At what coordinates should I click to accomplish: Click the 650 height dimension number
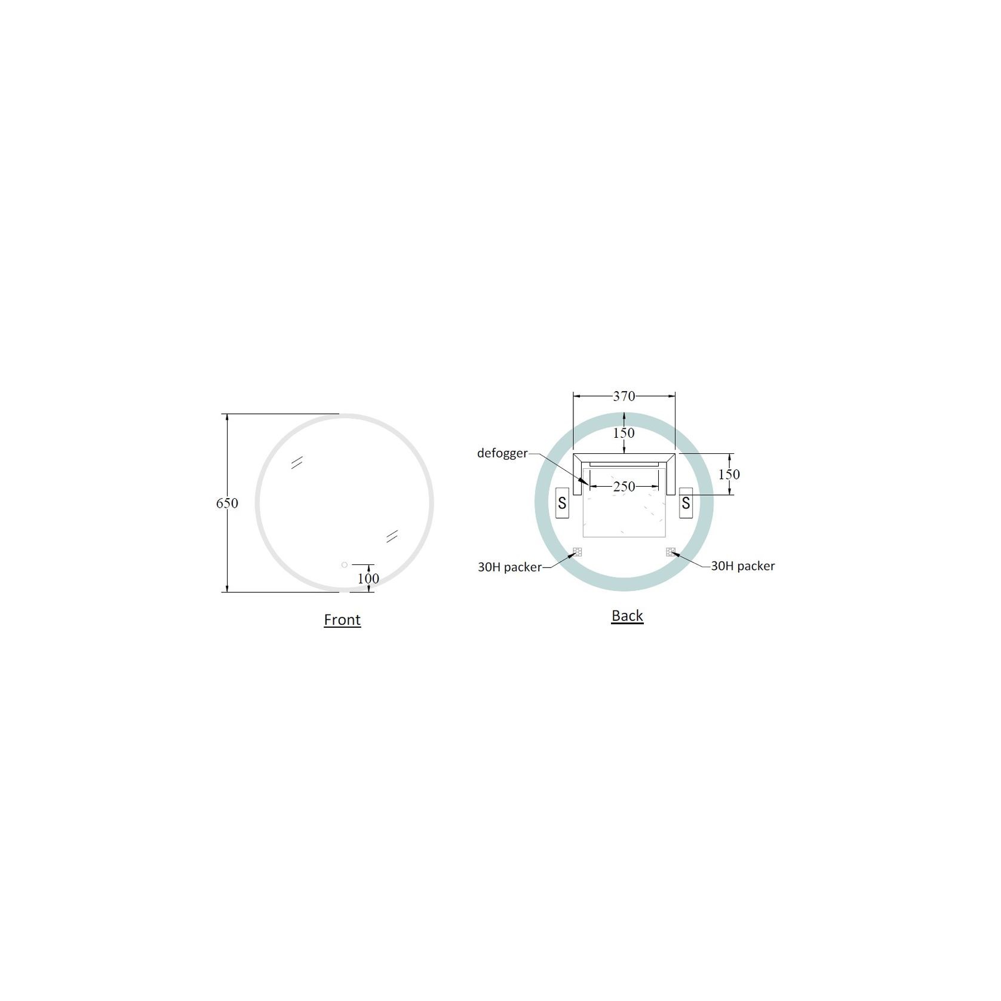pyautogui.click(x=227, y=503)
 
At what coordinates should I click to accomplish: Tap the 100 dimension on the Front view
pyautogui.click(x=369, y=578)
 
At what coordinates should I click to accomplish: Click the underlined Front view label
pyautogui.click(x=342, y=619)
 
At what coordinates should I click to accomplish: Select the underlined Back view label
pyautogui.click(x=627, y=615)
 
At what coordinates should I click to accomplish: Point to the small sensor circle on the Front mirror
pyautogui.click(x=345, y=564)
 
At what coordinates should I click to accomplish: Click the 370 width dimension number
pyautogui.click(x=624, y=396)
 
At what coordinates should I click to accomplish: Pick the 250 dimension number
pyautogui.click(x=624, y=487)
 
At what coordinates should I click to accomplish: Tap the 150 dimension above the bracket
pyautogui.click(x=624, y=432)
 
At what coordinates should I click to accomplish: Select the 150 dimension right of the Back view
pyautogui.click(x=729, y=474)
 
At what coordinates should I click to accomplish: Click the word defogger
pyautogui.click(x=502, y=453)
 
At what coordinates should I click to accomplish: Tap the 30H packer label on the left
pyautogui.click(x=509, y=567)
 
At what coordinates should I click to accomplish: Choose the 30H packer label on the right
pyautogui.click(x=742, y=566)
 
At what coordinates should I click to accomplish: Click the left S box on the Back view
pyautogui.click(x=562, y=503)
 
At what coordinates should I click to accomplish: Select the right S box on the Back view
pyautogui.click(x=686, y=503)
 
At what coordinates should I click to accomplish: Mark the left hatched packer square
pyautogui.click(x=578, y=551)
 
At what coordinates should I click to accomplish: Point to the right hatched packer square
pyautogui.click(x=671, y=551)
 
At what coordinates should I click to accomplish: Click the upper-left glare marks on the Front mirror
pyautogui.click(x=297, y=462)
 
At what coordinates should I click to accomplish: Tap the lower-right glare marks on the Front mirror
pyautogui.click(x=392, y=536)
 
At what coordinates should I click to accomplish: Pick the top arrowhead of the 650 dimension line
pyautogui.click(x=227, y=417)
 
